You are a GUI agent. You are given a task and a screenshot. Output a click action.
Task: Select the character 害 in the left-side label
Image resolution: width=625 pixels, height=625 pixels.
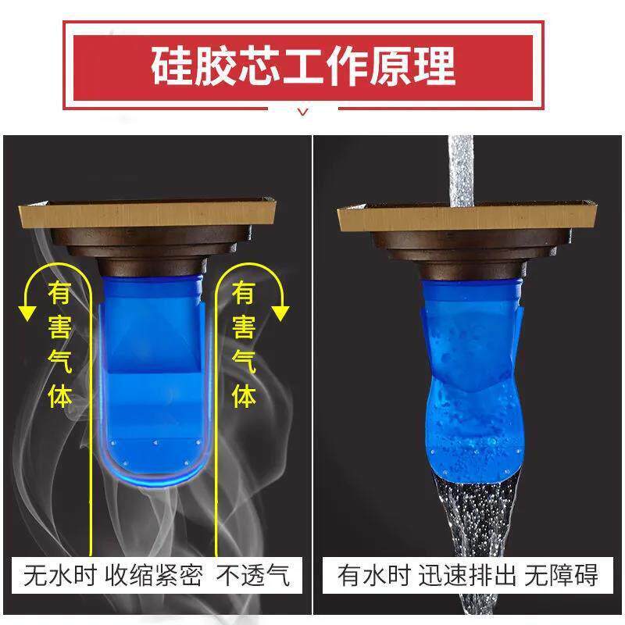(x=60, y=329)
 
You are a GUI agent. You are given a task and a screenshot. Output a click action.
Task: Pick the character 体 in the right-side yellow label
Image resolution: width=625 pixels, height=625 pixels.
(x=245, y=395)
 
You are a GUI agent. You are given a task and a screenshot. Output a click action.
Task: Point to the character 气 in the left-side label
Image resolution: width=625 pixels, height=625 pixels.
(x=60, y=362)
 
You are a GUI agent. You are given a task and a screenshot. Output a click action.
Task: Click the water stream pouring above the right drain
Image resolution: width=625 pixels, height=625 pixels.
(x=461, y=168)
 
